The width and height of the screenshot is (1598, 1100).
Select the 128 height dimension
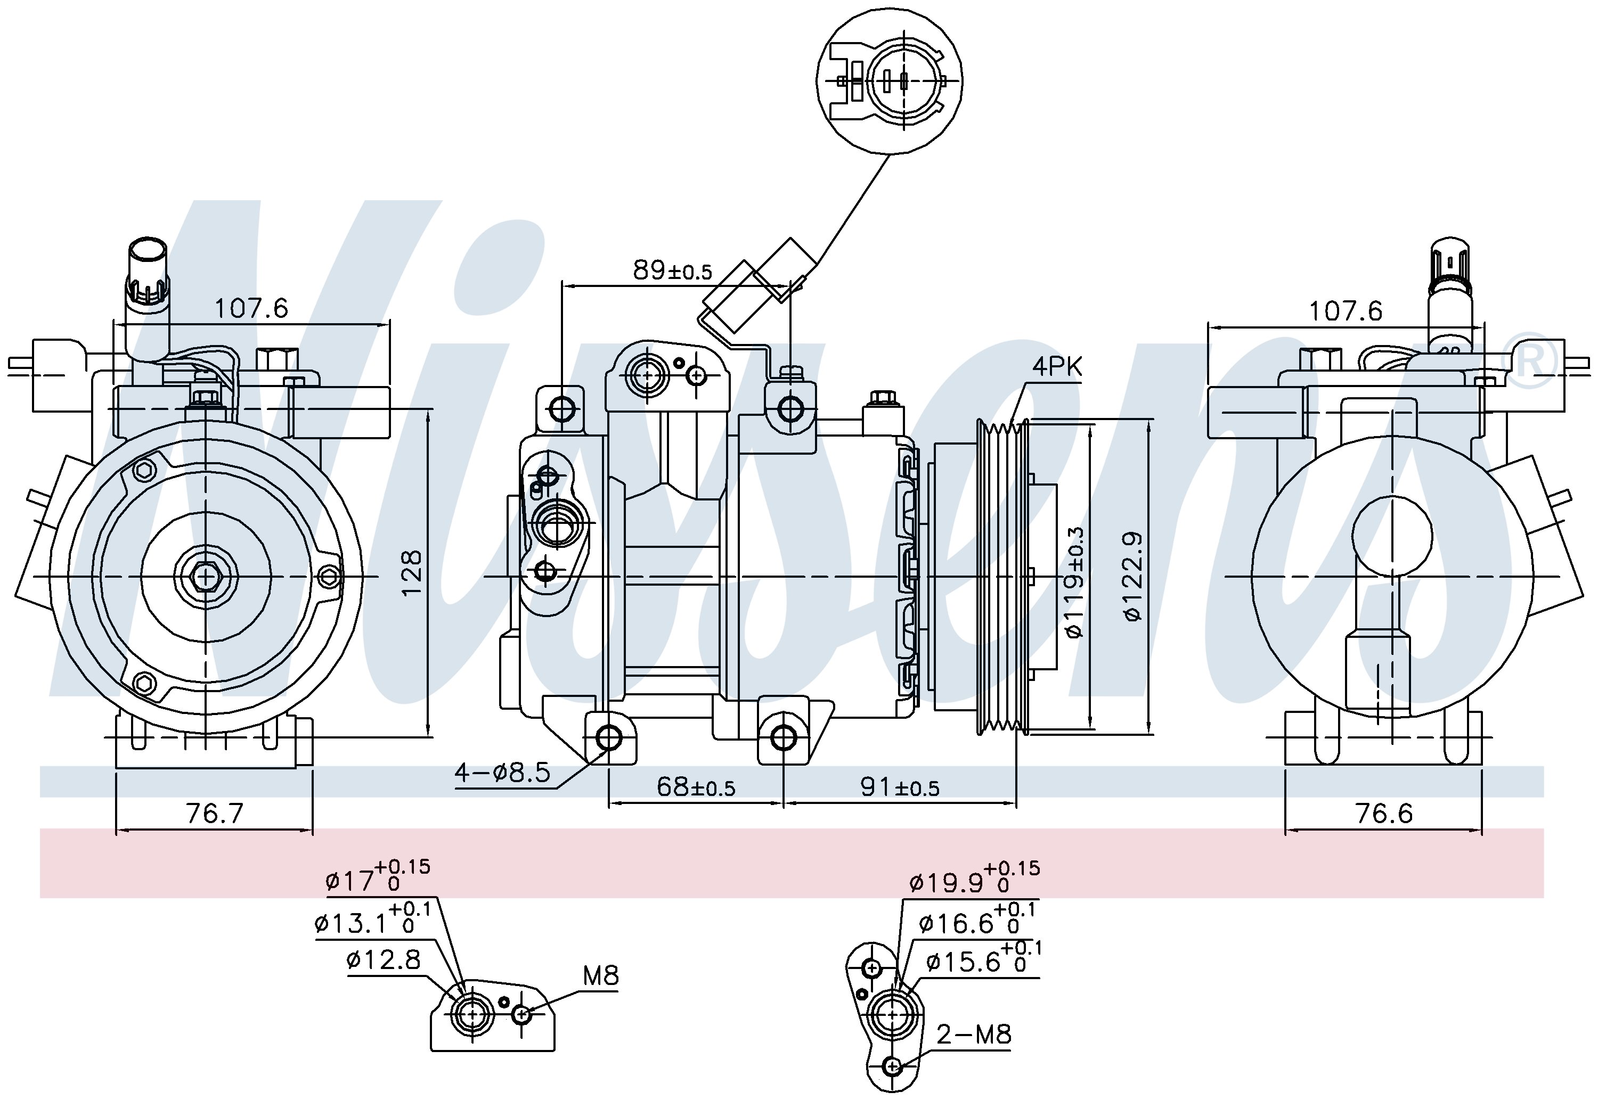[x=411, y=573]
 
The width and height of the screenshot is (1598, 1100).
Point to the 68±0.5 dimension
[x=696, y=786]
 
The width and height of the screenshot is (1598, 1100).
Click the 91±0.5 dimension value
[x=900, y=786]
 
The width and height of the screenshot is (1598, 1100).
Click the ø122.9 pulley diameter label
[x=1134, y=576]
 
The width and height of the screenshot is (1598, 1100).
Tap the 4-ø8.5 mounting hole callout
[x=502, y=773]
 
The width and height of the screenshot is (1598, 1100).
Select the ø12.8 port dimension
[x=384, y=959]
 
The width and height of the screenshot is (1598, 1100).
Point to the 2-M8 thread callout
[x=973, y=1034]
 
